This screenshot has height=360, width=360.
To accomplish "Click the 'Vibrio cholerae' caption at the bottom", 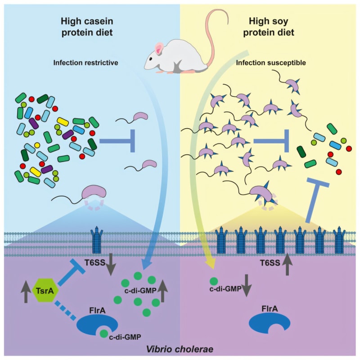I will click(179, 349).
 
